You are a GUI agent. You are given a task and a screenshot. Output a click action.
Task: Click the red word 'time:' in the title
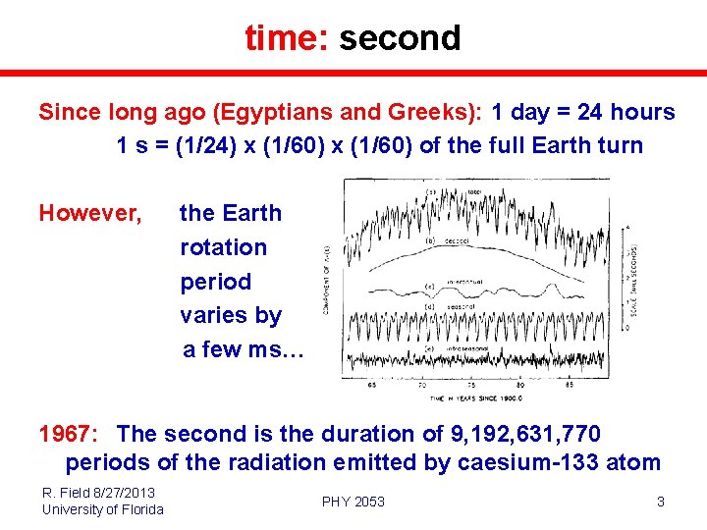287,38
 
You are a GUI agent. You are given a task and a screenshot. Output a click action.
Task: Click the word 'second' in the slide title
400,38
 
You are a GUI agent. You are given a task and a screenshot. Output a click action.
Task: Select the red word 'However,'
90,213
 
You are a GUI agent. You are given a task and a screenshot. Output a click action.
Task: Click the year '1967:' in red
70,434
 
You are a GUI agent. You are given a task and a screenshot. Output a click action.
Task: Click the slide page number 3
660,502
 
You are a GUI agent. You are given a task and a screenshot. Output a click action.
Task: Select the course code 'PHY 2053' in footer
353,502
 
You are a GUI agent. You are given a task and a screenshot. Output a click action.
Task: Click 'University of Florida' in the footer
102,508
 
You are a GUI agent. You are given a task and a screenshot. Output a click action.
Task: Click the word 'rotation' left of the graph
223,247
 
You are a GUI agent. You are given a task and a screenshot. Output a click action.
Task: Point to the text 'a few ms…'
244,349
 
